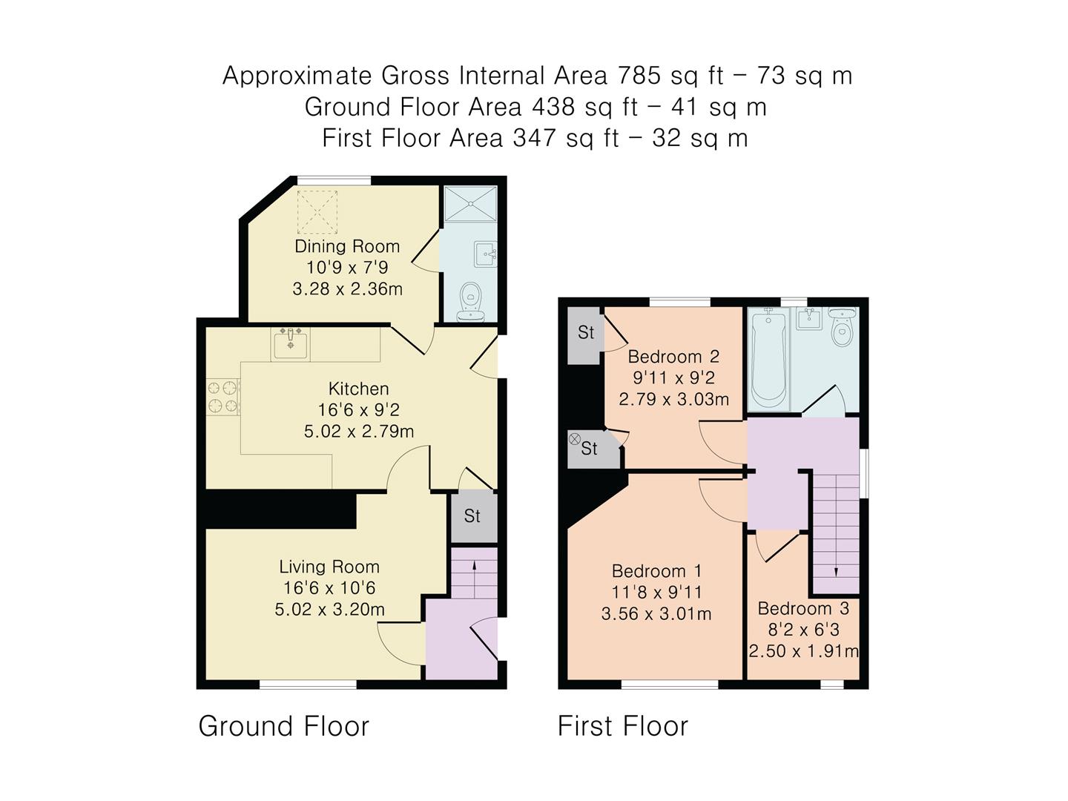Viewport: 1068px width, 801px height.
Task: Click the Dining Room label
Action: [346, 246]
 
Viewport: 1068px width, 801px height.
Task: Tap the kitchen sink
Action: [290, 343]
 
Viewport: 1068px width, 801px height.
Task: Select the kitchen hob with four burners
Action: [222, 396]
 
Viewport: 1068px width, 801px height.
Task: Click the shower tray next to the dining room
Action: [469, 204]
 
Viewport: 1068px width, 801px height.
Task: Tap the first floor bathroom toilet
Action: [842, 329]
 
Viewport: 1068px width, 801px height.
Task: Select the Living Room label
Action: [329, 567]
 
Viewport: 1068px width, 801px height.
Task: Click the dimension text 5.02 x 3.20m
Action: [329, 610]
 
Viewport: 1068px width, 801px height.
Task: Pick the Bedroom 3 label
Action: [803, 608]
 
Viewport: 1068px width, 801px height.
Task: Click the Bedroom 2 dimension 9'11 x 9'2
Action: [673, 378]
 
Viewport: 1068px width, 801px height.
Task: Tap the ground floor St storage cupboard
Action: [472, 515]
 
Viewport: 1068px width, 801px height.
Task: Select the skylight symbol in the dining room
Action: [317, 212]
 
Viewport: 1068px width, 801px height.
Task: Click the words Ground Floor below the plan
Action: [283, 726]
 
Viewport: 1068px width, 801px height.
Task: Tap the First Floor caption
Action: [622, 726]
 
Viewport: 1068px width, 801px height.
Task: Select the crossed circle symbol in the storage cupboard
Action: [574, 439]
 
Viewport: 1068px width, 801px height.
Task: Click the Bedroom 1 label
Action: [656, 571]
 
